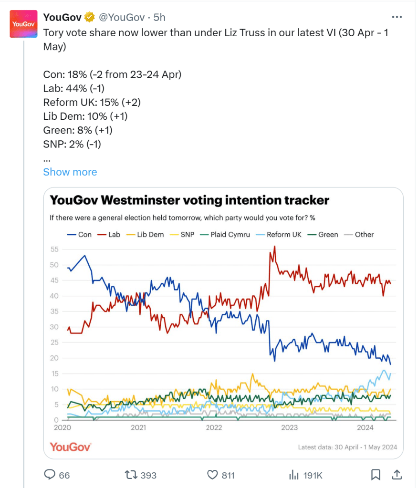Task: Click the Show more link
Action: [x=70, y=172]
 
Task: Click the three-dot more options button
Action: [x=397, y=17]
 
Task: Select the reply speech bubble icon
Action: [x=51, y=475]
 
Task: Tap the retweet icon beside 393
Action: [x=130, y=475]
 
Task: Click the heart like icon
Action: [x=213, y=475]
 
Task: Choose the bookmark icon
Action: [x=376, y=475]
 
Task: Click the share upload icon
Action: [x=397, y=475]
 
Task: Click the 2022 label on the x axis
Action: [x=214, y=427]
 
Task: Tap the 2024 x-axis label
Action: [x=366, y=427]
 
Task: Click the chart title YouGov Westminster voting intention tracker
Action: [x=189, y=200]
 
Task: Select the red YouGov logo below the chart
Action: [x=70, y=447]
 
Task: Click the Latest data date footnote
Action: [x=347, y=447]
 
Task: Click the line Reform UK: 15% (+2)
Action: [x=92, y=103]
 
